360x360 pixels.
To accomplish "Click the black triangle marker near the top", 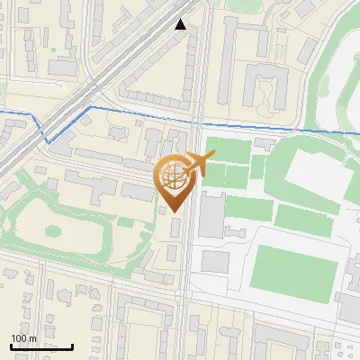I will click(x=181, y=24).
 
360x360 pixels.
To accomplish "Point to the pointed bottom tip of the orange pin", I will click(x=173, y=212).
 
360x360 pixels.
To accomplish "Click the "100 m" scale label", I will click(x=23, y=338).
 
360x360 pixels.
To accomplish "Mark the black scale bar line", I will click(x=41, y=346).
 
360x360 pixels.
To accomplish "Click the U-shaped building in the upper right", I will click(x=267, y=90).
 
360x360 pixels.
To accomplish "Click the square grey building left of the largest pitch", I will click(x=215, y=262).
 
